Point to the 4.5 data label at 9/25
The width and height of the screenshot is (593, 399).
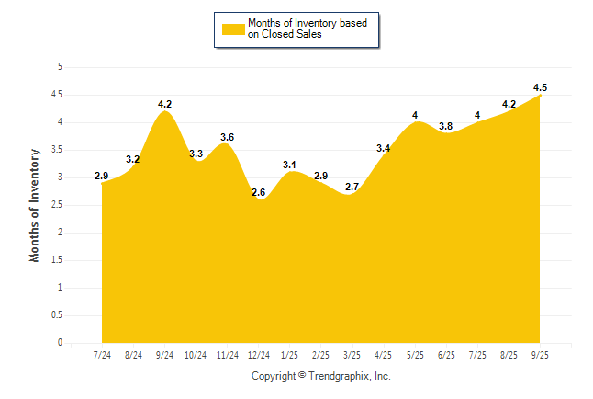pos(541,87)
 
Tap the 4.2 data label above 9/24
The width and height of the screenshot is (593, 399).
pos(164,104)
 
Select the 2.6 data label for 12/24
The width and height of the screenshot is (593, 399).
pos(259,192)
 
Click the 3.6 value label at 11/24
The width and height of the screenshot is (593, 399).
pos(228,137)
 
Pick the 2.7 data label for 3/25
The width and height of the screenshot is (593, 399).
pos(352,187)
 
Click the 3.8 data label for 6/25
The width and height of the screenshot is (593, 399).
pos(446,126)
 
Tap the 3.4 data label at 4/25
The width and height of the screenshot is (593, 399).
pos(384,148)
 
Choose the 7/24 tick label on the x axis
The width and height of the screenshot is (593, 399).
pos(102,355)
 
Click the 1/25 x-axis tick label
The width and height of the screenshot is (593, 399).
pos(290,355)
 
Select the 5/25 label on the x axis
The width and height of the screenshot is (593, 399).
pos(415,355)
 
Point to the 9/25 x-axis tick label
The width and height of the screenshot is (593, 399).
pos(541,355)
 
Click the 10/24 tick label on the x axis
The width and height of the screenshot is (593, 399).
pos(196,355)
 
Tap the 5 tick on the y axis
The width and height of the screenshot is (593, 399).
pos(60,67)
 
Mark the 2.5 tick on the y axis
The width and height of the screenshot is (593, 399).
pos(57,205)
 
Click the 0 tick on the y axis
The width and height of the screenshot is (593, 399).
pos(60,343)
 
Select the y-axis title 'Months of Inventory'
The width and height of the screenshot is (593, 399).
pos(35,205)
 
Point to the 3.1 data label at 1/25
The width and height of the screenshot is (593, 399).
pos(290,165)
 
